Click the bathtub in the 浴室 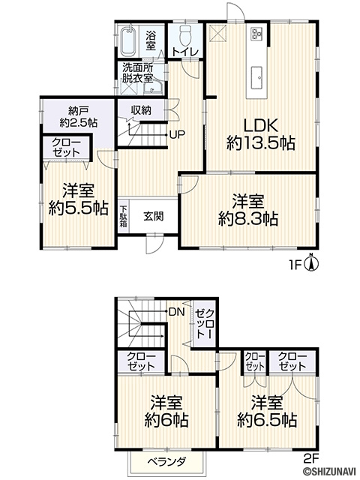click(127, 42)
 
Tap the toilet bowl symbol click(186, 36)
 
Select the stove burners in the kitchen click(256, 34)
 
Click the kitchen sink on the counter click(256, 78)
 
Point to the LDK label click(261, 125)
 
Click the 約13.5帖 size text click(261, 143)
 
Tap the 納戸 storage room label click(79, 110)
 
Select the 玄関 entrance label click(154, 217)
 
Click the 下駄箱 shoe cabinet click(123, 217)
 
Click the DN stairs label click(177, 312)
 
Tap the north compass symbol click(312, 262)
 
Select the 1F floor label click(296, 263)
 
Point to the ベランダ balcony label click(166, 461)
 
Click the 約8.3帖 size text click(248, 219)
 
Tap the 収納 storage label click(141, 110)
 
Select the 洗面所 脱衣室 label click(138, 73)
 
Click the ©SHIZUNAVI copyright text click(330, 474)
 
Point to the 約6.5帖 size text click(267, 421)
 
